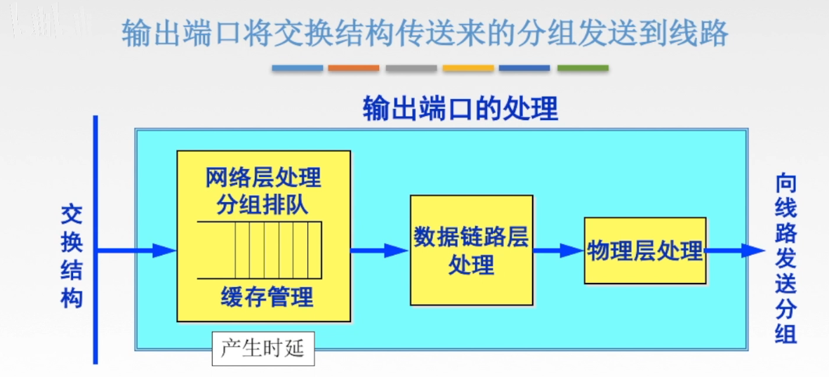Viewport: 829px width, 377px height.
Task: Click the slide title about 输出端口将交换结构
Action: click(425, 34)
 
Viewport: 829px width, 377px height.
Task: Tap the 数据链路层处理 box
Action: click(471, 251)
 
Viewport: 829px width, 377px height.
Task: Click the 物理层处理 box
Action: click(644, 251)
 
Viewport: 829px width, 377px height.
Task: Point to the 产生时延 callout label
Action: click(263, 348)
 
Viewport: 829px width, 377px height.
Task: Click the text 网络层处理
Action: click(263, 177)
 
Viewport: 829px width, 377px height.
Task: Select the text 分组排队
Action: click(263, 205)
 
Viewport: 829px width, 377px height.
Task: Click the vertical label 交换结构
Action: click(71, 256)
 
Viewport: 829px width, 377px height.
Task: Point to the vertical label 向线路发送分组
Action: click(786, 258)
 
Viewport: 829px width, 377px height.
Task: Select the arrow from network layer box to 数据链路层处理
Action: click(380, 251)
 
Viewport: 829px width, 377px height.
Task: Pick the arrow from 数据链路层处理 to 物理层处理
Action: click(558, 251)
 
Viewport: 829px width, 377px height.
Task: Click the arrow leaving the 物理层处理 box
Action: click(734, 251)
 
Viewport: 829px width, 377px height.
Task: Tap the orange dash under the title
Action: click(354, 68)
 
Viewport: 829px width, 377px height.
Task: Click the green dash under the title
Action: click(583, 68)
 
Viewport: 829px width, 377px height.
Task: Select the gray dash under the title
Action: click(411, 68)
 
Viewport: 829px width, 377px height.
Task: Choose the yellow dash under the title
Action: click(468, 68)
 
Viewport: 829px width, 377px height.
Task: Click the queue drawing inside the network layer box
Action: click(260, 250)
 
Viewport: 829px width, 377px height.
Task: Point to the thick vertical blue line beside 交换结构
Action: click(95, 239)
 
